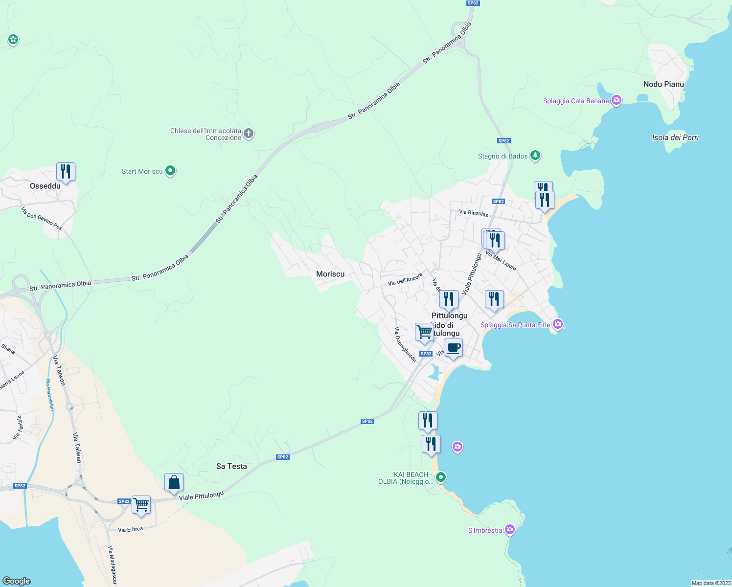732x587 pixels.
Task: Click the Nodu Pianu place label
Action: coord(663,84)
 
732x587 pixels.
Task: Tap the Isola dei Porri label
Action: coord(675,137)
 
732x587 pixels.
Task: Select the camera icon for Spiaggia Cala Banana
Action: coord(617,101)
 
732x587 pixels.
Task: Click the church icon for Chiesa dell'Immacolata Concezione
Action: coord(249,134)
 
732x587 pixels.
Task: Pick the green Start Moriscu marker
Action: coord(170,171)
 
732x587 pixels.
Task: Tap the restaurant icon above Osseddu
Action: coord(66,172)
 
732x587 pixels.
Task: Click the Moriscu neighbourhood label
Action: coord(330,274)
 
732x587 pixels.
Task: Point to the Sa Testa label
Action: coord(231,466)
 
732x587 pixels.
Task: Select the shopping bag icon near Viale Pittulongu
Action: coord(174,483)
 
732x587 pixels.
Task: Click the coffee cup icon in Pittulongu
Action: coord(453,348)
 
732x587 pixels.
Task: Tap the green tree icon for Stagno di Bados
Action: coord(535,156)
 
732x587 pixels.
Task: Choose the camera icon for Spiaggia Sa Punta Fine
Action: coord(557,324)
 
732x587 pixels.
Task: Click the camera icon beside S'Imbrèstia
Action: coord(510,530)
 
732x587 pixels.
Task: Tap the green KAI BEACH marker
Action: coord(441,476)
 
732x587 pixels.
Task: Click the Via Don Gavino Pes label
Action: coord(42,218)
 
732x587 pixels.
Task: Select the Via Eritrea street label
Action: coord(131,529)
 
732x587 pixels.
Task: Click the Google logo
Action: coord(17,581)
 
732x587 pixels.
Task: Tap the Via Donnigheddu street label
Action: coord(405,344)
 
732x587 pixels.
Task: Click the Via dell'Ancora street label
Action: coord(405,279)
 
